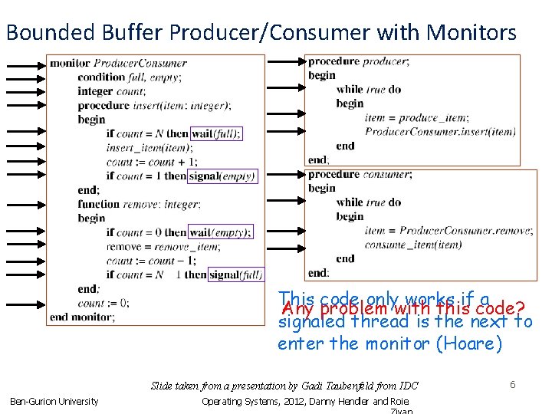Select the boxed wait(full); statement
pyautogui.click(x=215, y=133)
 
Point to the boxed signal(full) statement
pyautogui.click(x=235, y=274)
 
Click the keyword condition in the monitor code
pyautogui.click(x=101, y=77)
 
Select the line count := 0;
pyautogui.click(x=103, y=303)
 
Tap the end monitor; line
pyautogui.click(x=83, y=317)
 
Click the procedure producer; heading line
pyautogui.click(x=358, y=61)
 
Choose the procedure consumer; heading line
pyautogui.click(x=360, y=174)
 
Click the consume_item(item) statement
pyautogui.click(x=413, y=245)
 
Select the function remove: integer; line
pyautogui.click(x=139, y=204)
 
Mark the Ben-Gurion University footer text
pyautogui.click(x=54, y=401)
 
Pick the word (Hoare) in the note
pyautogui.click(x=469, y=343)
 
